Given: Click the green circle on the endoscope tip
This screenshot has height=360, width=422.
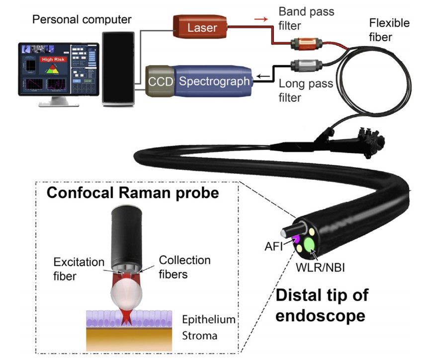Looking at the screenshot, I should [x=310, y=244].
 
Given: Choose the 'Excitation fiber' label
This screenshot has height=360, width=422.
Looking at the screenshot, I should [x=80, y=268].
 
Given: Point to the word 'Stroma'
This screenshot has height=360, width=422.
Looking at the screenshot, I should [x=199, y=336].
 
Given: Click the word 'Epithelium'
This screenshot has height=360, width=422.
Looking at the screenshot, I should [x=208, y=319].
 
